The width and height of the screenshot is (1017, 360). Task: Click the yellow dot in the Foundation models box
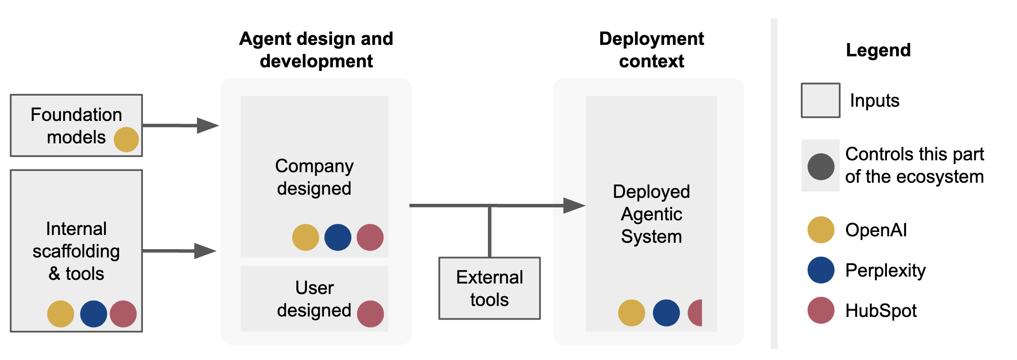tap(126, 139)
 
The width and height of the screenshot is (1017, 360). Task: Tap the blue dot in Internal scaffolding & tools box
tap(93, 314)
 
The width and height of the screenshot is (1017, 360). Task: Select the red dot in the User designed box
tap(370, 314)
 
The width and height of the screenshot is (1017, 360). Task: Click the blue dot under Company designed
tap(338, 237)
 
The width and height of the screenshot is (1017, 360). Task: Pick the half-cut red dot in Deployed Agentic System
tap(696, 313)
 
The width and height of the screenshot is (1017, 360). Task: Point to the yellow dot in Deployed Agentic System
tap(631, 313)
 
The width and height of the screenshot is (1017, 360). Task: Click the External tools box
tap(489, 288)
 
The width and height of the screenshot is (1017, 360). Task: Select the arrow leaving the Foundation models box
tap(179, 125)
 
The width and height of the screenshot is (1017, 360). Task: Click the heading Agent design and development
tap(316, 49)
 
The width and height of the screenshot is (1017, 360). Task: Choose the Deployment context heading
tap(651, 49)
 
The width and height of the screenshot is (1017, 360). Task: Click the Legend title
tap(878, 50)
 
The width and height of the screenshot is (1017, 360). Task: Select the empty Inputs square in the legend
tap(820, 100)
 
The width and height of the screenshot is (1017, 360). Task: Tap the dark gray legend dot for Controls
tap(820, 167)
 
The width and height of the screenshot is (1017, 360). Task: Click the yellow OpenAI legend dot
tap(820, 229)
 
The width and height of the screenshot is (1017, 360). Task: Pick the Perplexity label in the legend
tap(885, 270)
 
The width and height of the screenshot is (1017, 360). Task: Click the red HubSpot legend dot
tap(820, 310)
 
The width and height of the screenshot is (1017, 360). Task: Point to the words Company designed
tap(314, 177)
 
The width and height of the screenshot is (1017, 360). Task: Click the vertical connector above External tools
tap(489, 231)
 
